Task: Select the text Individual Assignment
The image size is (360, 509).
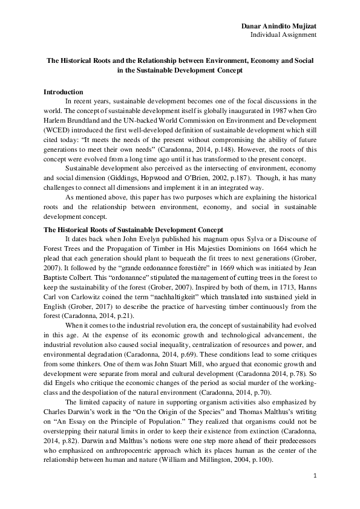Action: click(284, 34)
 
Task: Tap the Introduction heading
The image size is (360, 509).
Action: click(64, 91)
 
